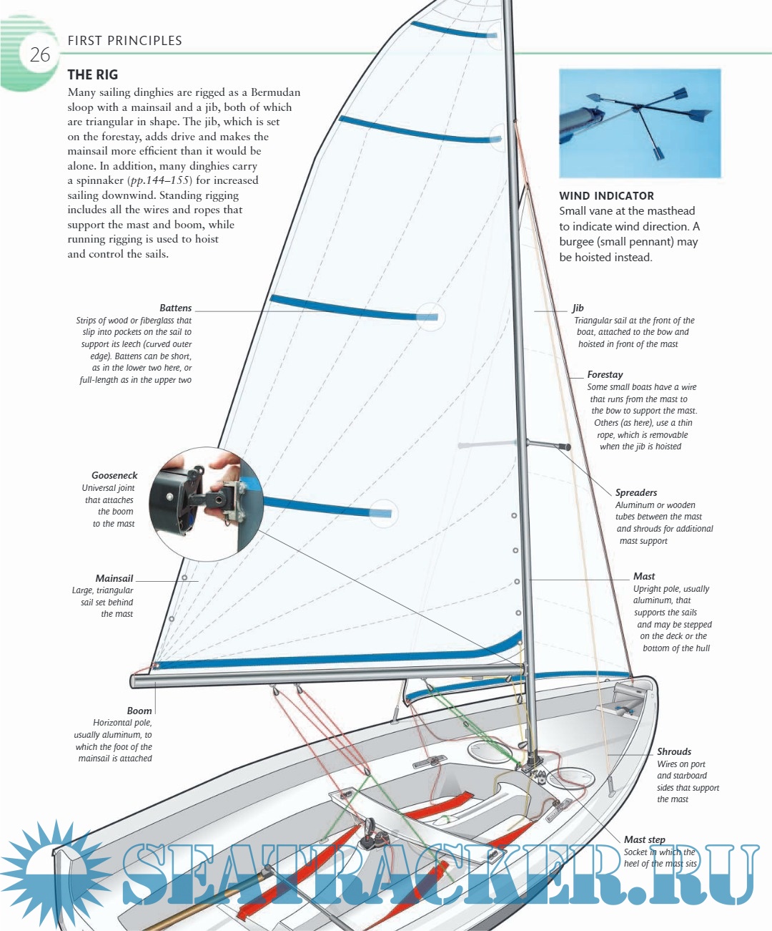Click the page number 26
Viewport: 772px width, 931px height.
click(x=40, y=54)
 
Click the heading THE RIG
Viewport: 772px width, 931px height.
click(x=93, y=74)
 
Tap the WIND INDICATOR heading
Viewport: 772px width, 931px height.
click(x=606, y=195)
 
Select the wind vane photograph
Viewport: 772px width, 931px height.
click(x=640, y=123)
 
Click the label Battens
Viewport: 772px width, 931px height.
click(x=175, y=308)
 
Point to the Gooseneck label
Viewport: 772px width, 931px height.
click(x=114, y=475)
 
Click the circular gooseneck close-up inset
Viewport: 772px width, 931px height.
click(x=206, y=504)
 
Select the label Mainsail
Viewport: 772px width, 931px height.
click(x=114, y=578)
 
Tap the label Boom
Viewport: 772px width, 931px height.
click(x=139, y=711)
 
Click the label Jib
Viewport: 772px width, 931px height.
click(x=578, y=308)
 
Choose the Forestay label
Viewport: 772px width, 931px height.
click(x=605, y=374)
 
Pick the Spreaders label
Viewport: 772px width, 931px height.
click(x=636, y=492)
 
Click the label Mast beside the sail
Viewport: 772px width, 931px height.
click(x=644, y=576)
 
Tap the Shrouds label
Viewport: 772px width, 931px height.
click(x=674, y=751)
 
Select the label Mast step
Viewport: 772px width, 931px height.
click(x=644, y=839)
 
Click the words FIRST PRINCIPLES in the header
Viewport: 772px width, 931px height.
click(x=125, y=41)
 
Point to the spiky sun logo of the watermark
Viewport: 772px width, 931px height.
click(x=50, y=869)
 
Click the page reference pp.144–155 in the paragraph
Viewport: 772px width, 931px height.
click(x=160, y=180)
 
